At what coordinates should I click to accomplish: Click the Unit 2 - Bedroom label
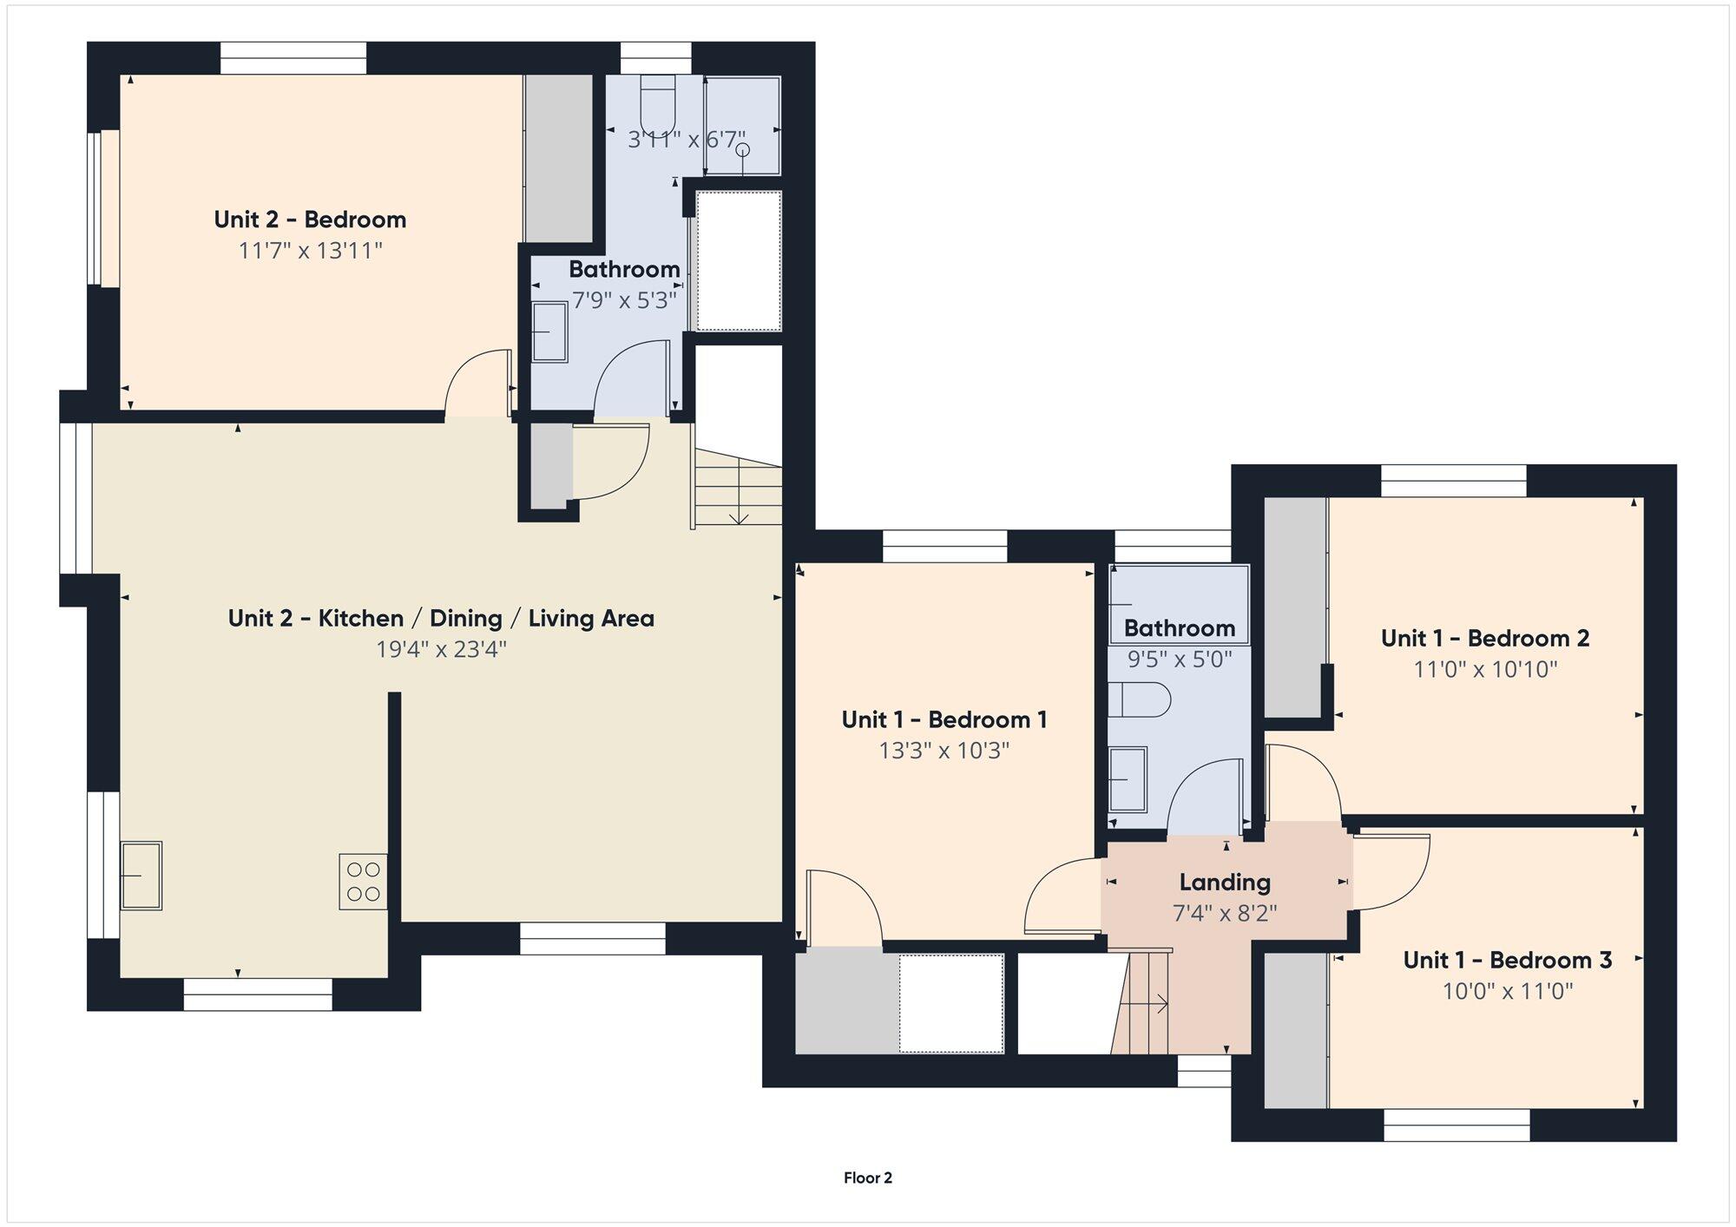pyautogui.click(x=310, y=220)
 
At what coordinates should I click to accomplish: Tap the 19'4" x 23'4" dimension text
pyautogui.click(x=441, y=650)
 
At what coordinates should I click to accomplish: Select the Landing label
pyautogui.click(x=1225, y=883)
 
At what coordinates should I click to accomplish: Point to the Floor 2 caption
pyautogui.click(x=868, y=1178)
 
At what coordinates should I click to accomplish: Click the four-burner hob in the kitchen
pyautogui.click(x=363, y=882)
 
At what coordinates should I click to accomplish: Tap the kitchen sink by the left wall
pyautogui.click(x=141, y=875)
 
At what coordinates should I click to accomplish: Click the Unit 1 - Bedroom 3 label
pyautogui.click(x=1508, y=960)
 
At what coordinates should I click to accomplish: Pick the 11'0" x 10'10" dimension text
pyautogui.click(x=1485, y=670)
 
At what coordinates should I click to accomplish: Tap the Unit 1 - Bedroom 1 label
pyautogui.click(x=944, y=719)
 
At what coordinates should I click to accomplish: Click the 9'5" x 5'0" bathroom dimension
pyautogui.click(x=1180, y=659)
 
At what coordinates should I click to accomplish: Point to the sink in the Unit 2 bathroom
pyautogui.click(x=549, y=331)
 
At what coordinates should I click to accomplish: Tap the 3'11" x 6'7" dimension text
pyautogui.click(x=687, y=139)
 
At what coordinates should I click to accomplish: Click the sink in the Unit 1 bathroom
pyautogui.click(x=1128, y=779)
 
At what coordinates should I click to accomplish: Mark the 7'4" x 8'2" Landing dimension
pyautogui.click(x=1225, y=914)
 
